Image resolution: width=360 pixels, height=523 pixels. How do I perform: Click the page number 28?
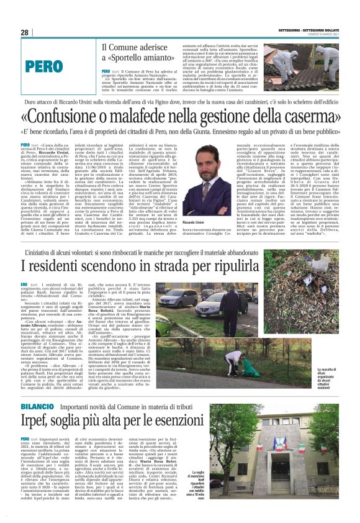coord(25,32)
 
